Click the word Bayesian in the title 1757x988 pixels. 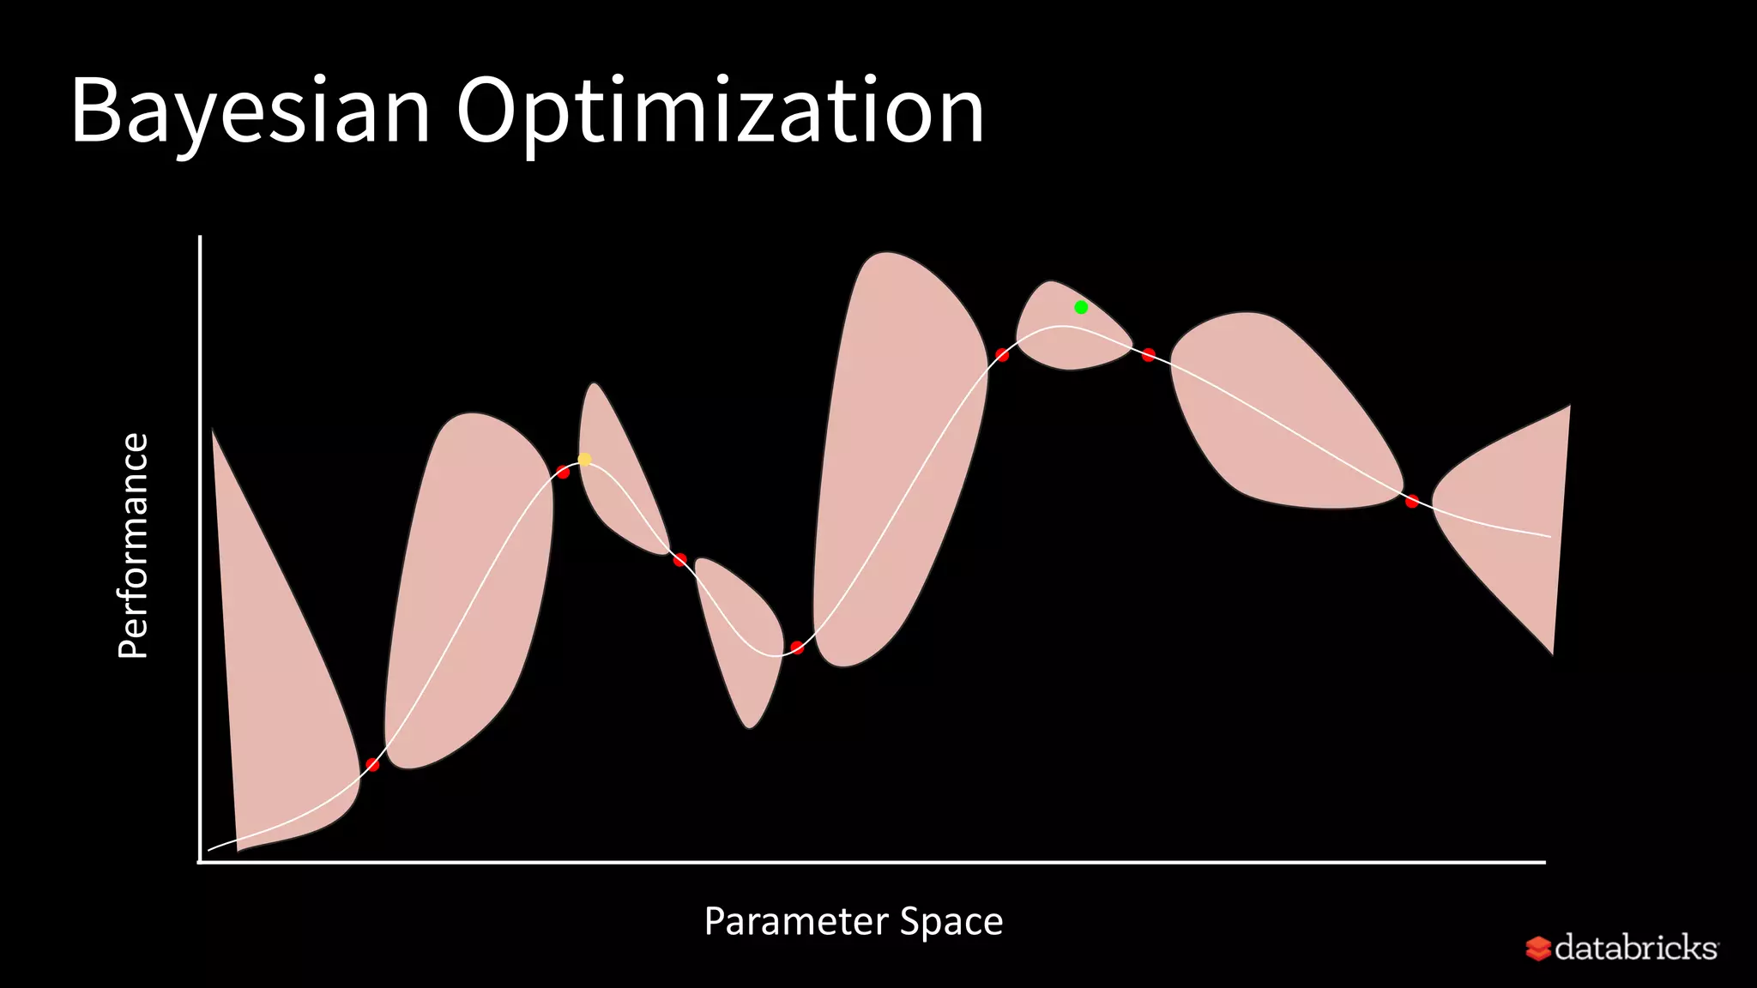(x=249, y=111)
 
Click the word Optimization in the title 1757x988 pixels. (x=721, y=111)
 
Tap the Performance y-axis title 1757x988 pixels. (x=133, y=545)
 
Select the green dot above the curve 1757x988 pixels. (x=1081, y=307)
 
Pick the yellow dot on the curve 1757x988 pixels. (x=584, y=460)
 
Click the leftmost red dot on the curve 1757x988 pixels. (x=372, y=764)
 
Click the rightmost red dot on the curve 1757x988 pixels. (x=1411, y=501)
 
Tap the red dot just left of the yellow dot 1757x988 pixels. (x=563, y=472)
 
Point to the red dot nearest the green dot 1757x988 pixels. (x=1148, y=354)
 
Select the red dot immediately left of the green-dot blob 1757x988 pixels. (x=1001, y=355)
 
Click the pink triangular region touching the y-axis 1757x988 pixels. (x=275, y=686)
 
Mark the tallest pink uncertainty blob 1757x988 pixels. (x=901, y=429)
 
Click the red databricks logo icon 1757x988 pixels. (x=1537, y=949)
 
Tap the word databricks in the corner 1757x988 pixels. (x=1635, y=948)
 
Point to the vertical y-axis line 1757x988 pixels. (x=200, y=549)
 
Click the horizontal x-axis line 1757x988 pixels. (x=858, y=862)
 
